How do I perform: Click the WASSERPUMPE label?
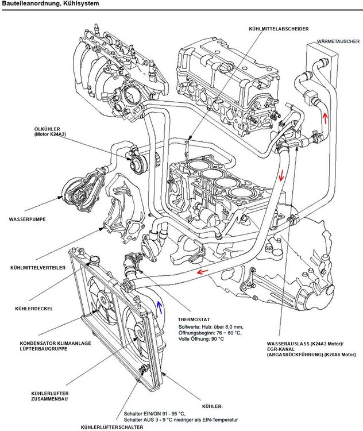pos(27,220)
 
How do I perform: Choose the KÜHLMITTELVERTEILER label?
pos(37,268)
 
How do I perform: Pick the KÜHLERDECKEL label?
pos(31,309)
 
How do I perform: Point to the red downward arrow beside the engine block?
pos(282,175)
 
